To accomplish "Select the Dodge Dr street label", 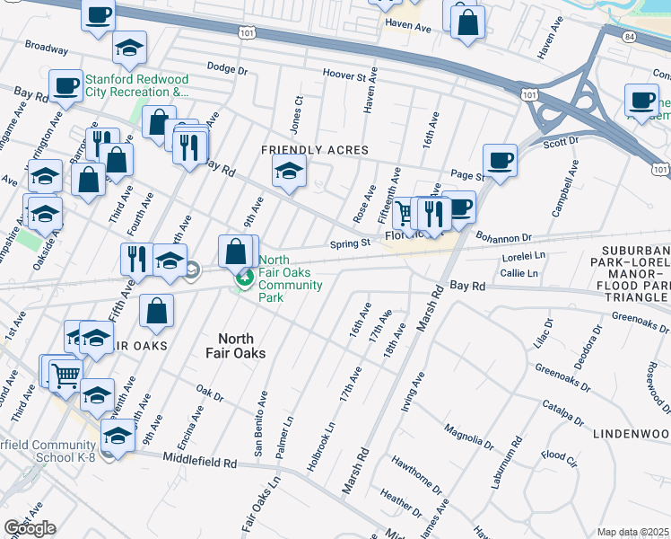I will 226,67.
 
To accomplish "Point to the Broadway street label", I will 47,45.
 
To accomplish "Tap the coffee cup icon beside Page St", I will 500,160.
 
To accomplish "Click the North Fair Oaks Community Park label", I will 290,273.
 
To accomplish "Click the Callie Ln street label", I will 519,273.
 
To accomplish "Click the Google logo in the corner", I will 30,528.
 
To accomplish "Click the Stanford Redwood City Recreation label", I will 136,85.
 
